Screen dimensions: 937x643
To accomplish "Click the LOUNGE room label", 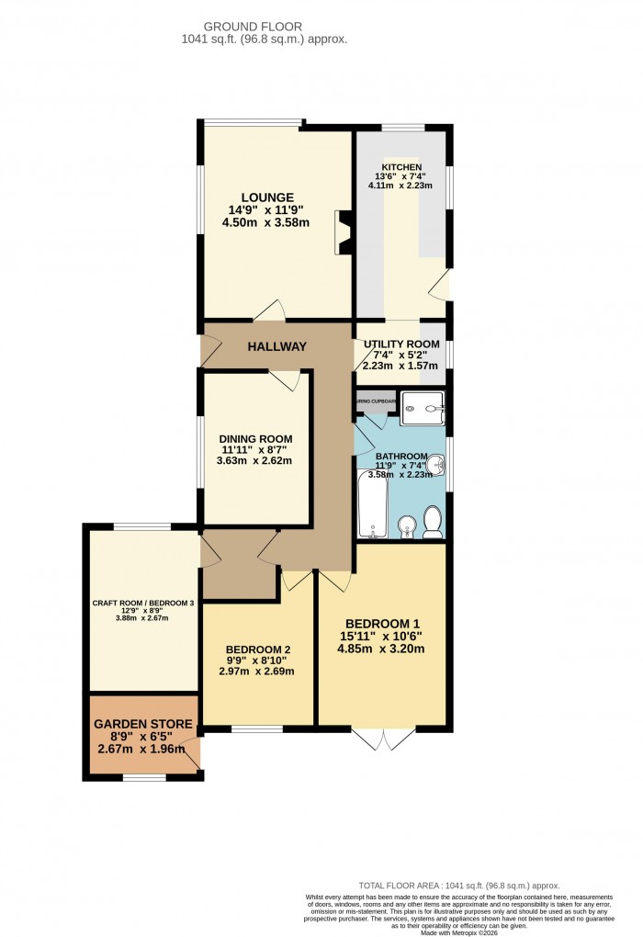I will pyautogui.click(x=267, y=197).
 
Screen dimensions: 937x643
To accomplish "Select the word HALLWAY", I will pyautogui.click(x=276, y=346).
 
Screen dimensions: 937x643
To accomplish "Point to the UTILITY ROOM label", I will pyautogui.click(x=401, y=343).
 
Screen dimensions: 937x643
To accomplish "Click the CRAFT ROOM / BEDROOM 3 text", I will pyautogui.click(x=142, y=603).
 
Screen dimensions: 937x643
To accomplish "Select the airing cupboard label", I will pyautogui.click(x=376, y=401).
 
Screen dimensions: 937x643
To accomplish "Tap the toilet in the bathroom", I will pyautogui.click(x=434, y=522).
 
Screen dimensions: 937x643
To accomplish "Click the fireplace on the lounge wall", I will pyautogui.click(x=344, y=232).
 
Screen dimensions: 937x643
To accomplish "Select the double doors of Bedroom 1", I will pyautogui.click(x=383, y=739).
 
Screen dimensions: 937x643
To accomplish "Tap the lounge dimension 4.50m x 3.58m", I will pyautogui.click(x=267, y=222).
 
